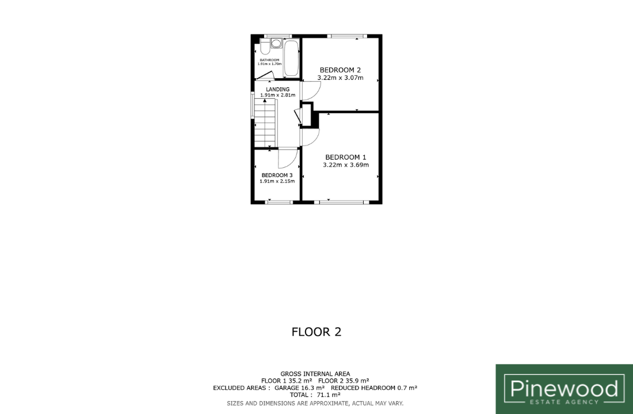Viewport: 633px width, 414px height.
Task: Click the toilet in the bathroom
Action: pyautogui.click(x=265, y=47)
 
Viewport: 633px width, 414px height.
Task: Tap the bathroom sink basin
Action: pyautogui.click(x=276, y=43)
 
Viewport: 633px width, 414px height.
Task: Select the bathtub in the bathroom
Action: pyautogui.click(x=291, y=58)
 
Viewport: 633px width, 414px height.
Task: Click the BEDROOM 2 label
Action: pyautogui.click(x=340, y=70)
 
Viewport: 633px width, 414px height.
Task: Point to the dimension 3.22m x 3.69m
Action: pyautogui.click(x=346, y=164)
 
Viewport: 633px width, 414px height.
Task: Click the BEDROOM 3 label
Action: pyautogui.click(x=277, y=175)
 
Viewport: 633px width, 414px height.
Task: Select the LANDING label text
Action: pyautogui.click(x=278, y=89)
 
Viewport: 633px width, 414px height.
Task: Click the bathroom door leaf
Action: pyautogui.click(x=265, y=75)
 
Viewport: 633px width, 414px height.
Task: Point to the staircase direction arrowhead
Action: pyautogui.click(x=264, y=101)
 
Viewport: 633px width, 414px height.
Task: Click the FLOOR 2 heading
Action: pyautogui.click(x=316, y=332)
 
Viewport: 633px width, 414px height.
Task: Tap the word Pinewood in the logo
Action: pyautogui.click(x=564, y=389)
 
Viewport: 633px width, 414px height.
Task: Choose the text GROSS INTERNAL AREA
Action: pyautogui.click(x=315, y=374)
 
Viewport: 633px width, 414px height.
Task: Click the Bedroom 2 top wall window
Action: pyautogui.click(x=347, y=36)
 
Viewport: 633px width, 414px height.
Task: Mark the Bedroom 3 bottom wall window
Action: pyautogui.click(x=279, y=202)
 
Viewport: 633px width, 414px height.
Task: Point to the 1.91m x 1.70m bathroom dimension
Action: pyautogui.click(x=270, y=64)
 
